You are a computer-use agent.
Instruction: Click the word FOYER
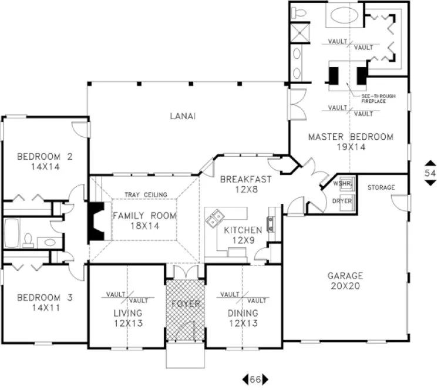[x=186, y=304]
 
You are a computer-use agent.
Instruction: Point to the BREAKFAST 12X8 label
[x=246, y=184]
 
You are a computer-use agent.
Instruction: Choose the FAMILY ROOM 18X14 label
[x=144, y=220]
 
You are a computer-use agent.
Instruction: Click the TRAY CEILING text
[x=146, y=195]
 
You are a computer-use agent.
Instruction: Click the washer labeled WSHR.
[x=343, y=184]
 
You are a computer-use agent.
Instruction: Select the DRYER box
[x=342, y=201]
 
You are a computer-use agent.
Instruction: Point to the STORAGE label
[x=381, y=187]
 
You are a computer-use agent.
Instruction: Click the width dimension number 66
[x=255, y=379]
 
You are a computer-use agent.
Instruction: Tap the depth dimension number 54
[x=430, y=173]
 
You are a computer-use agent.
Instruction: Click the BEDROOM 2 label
[x=45, y=161]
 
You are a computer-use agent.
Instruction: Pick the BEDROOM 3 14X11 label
[x=45, y=303]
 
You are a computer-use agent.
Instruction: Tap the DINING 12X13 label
[x=243, y=318]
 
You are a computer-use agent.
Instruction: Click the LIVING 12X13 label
[x=128, y=318]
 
